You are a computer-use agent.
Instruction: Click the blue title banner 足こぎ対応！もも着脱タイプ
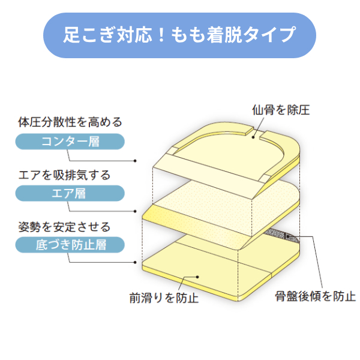(179, 35)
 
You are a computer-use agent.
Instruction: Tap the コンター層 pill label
(70, 142)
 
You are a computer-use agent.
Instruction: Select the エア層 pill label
(70, 193)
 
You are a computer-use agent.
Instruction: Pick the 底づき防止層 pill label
(70, 245)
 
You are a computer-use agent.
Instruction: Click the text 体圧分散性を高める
(70, 122)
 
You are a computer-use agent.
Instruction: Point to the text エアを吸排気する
(65, 175)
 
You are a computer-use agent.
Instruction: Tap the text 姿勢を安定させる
(65, 227)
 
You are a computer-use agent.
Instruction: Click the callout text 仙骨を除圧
(281, 110)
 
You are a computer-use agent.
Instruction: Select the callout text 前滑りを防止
(164, 298)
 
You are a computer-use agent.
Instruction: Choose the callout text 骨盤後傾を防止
(316, 296)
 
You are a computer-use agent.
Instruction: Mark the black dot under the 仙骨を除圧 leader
(253, 137)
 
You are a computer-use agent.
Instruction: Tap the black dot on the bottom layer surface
(197, 277)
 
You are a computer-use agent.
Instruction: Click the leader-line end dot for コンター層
(135, 161)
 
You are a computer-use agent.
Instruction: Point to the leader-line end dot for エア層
(135, 211)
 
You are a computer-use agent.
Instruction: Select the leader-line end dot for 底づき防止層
(135, 262)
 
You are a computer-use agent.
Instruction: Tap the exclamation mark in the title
(161, 35)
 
